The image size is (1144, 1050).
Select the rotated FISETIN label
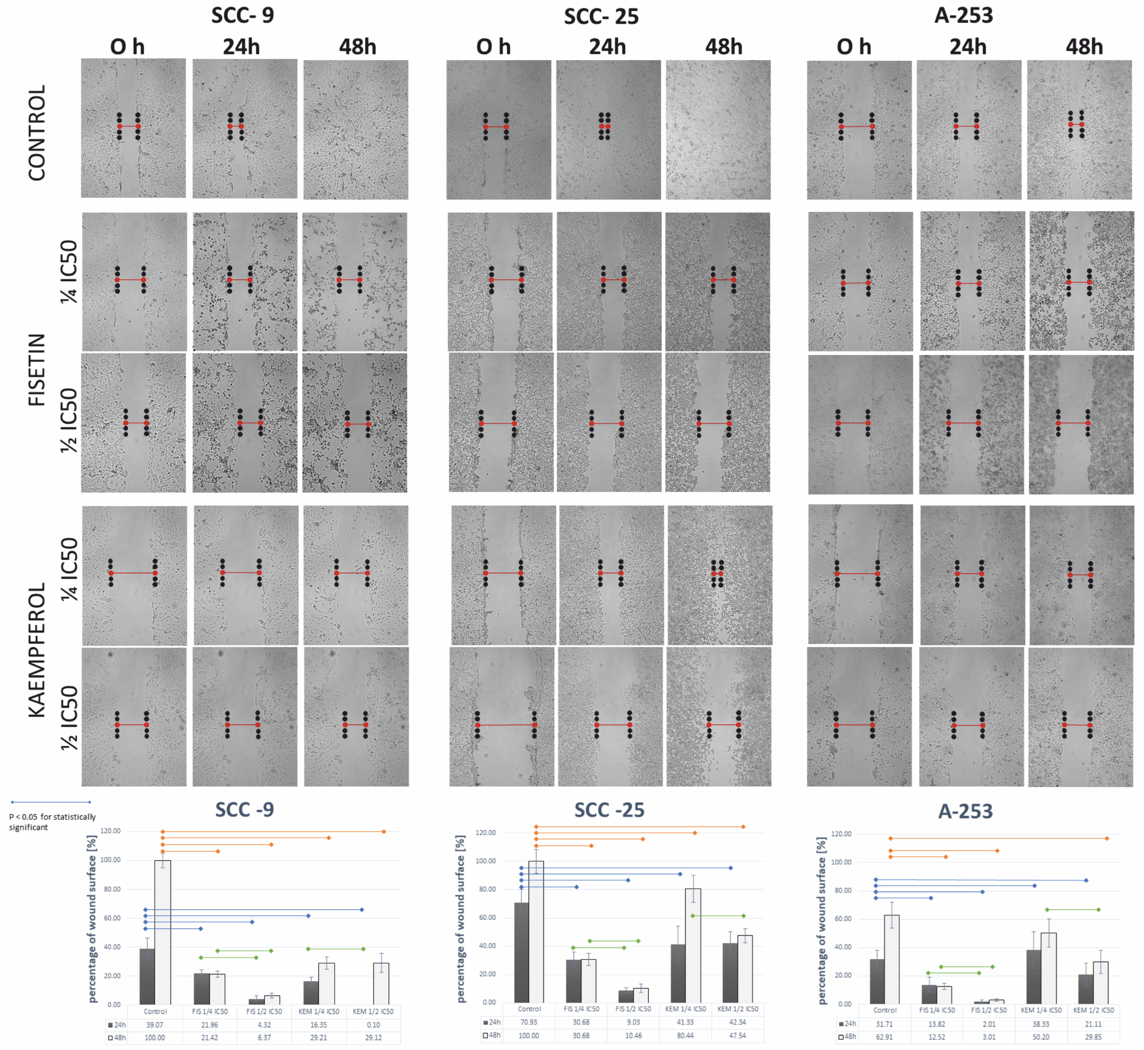37,369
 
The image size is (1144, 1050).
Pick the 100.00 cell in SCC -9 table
155,1037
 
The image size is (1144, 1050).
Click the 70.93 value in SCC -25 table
529,1022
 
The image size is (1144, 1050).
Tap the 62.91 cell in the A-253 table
885,1037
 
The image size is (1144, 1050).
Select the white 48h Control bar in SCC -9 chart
163,932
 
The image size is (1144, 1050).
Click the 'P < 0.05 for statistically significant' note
52,822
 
